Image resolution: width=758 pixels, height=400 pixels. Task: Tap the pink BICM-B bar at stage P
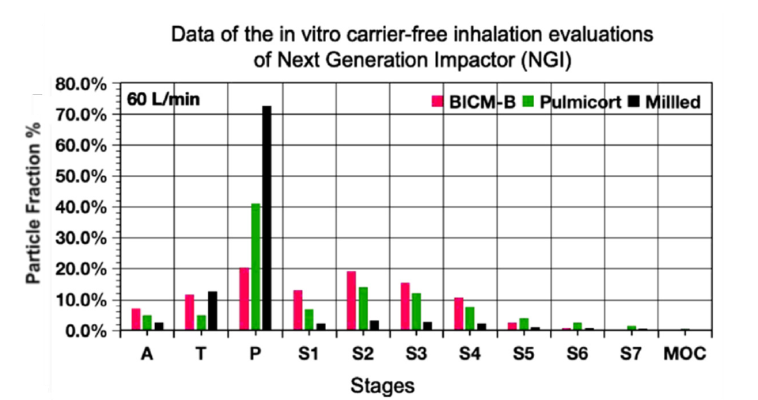(x=244, y=299)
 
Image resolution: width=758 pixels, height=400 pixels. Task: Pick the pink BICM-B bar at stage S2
(x=352, y=300)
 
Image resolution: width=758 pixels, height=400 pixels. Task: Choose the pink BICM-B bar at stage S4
(x=459, y=314)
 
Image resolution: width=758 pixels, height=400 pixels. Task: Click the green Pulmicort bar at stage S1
(x=309, y=319)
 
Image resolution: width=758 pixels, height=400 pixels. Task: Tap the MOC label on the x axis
(x=684, y=353)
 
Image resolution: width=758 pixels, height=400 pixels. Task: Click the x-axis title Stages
(x=382, y=386)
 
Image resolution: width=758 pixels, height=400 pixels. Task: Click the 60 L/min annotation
(x=162, y=100)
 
